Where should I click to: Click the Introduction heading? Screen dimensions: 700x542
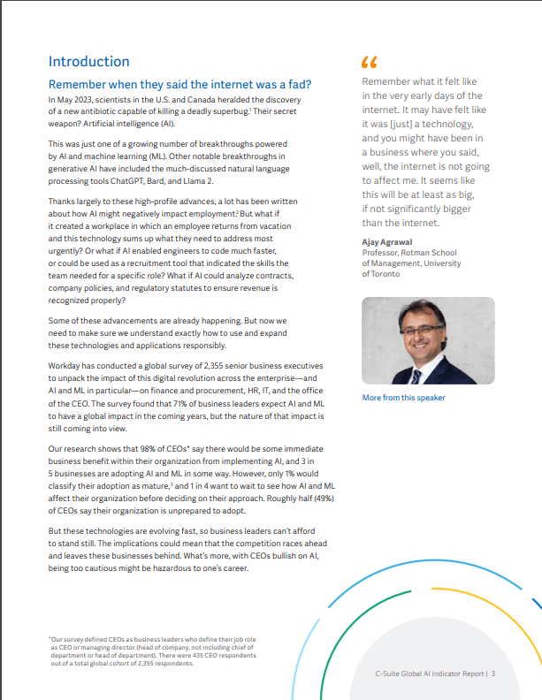[x=88, y=62]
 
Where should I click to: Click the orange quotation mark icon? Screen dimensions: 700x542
[x=369, y=64]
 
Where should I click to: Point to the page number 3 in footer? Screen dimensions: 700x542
[x=492, y=673]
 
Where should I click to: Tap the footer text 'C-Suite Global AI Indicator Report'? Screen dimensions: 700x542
[x=429, y=673]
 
